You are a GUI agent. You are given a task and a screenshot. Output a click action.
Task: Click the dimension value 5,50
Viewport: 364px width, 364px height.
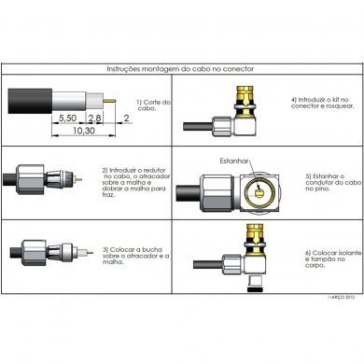coord(66,119)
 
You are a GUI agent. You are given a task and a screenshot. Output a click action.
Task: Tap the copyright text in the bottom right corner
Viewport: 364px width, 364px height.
coord(341,299)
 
